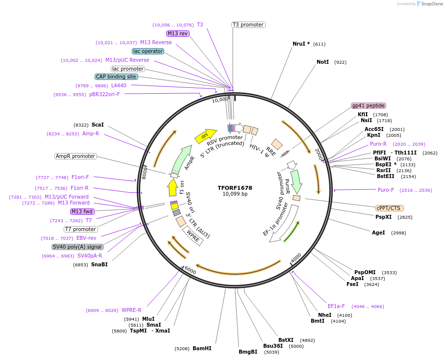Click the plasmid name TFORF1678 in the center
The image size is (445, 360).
tap(235, 188)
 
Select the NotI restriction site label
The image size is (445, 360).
tap(322, 62)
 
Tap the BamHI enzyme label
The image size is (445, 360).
tap(202, 348)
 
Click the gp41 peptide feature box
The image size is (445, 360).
tap(369, 105)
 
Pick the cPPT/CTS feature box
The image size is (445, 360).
tap(390, 208)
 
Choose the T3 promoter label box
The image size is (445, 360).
tap(248, 25)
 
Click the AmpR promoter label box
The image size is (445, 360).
tap(75, 156)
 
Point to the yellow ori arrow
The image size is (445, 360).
tap(205, 136)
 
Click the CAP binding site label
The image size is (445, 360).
tap(116, 77)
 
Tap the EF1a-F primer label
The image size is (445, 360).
tap(336, 306)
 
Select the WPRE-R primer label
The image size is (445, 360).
tap(131, 310)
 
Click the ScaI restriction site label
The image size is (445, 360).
tap(98, 125)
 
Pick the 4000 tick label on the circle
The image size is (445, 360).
tap(296, 258)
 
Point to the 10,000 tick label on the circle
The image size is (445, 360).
tap(220, 100)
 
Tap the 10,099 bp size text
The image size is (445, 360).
tap(235, 194)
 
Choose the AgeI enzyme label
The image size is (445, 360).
tap(378, 232)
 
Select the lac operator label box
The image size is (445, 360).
tap(148, 51)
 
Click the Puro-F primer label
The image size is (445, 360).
tap(386, 190)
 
